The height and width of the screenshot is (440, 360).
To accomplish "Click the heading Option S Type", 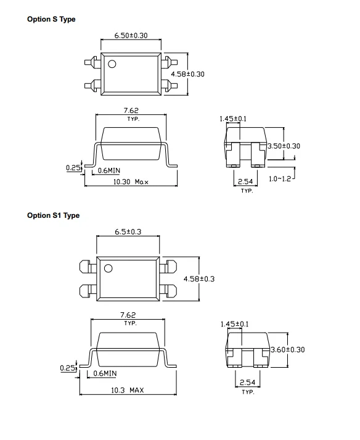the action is click(51, 19).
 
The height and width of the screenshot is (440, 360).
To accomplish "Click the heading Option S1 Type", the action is click(53, 215).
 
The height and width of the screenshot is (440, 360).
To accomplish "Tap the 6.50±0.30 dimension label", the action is click(131, 35).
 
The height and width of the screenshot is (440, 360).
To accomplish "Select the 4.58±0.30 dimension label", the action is click(187, 74).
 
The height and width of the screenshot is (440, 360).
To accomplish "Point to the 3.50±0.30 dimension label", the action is click(284, 146).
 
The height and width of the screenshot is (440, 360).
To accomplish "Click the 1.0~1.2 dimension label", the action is click(280, 179).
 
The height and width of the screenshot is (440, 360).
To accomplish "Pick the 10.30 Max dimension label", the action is click(131, 182).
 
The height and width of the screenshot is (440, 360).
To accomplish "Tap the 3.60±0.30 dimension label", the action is click(288, 350).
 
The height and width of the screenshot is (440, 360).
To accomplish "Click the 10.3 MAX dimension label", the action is click(127, 390).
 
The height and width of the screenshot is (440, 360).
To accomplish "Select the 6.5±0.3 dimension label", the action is click(128, 232).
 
